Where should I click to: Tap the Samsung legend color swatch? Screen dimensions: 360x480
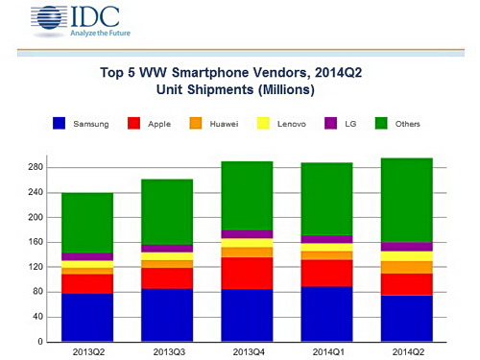click(60, 123)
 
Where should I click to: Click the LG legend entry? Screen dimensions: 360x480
click(347, 123)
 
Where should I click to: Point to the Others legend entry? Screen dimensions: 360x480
click(399, 123)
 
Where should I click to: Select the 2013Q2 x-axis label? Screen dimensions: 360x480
click(87, 351)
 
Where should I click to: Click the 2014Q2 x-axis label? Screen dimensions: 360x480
click(406, 351)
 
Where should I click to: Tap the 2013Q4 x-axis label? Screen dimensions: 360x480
click(247, 351)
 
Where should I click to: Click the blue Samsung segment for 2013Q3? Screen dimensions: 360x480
click(167, 315)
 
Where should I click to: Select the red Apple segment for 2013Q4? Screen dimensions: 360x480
click(247, 273)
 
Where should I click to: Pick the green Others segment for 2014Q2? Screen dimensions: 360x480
click(406, 200)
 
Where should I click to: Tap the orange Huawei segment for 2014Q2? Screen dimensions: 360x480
click(406, 267)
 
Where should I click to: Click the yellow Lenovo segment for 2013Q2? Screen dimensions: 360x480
click(87, 264)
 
